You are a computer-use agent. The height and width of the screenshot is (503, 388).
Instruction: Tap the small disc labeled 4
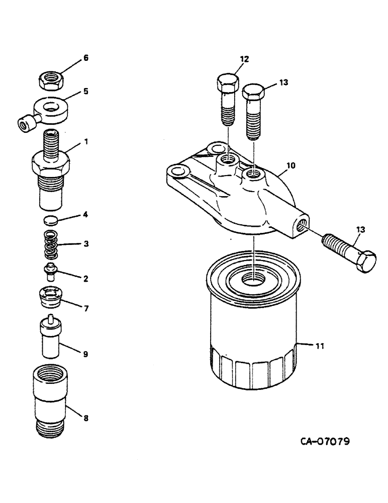(49, 219)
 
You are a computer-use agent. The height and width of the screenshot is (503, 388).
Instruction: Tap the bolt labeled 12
(227, 101)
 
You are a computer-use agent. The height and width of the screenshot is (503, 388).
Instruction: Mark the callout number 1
(86, 142)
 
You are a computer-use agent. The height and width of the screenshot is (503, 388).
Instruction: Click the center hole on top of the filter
(255, 278)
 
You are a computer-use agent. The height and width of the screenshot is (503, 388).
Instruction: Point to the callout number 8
(86, 417)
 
